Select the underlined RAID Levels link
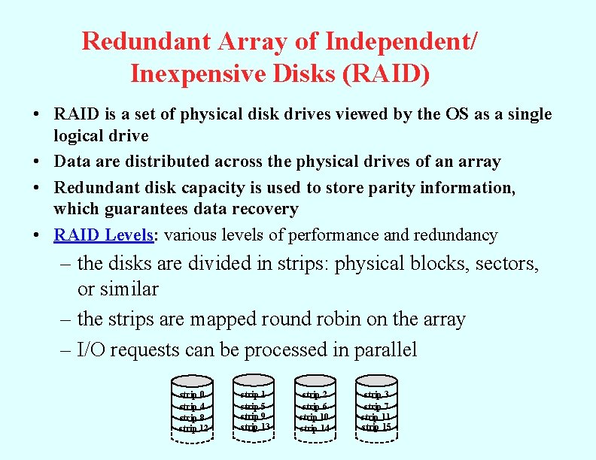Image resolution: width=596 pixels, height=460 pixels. (x=103, y=235)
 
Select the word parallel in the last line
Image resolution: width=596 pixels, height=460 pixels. (x=380, y=350)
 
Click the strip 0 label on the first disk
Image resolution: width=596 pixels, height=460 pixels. (x=192, y=395)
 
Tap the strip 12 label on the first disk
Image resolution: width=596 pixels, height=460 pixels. (x=193, y=428)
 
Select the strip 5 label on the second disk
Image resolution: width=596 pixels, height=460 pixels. (x=254, y=406)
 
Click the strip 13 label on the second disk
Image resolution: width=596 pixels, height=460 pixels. (x=255, y=427)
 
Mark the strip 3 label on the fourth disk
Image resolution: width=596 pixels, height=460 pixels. (x=376, y=395)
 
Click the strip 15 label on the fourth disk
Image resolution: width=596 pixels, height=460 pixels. (x=376, y=427)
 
